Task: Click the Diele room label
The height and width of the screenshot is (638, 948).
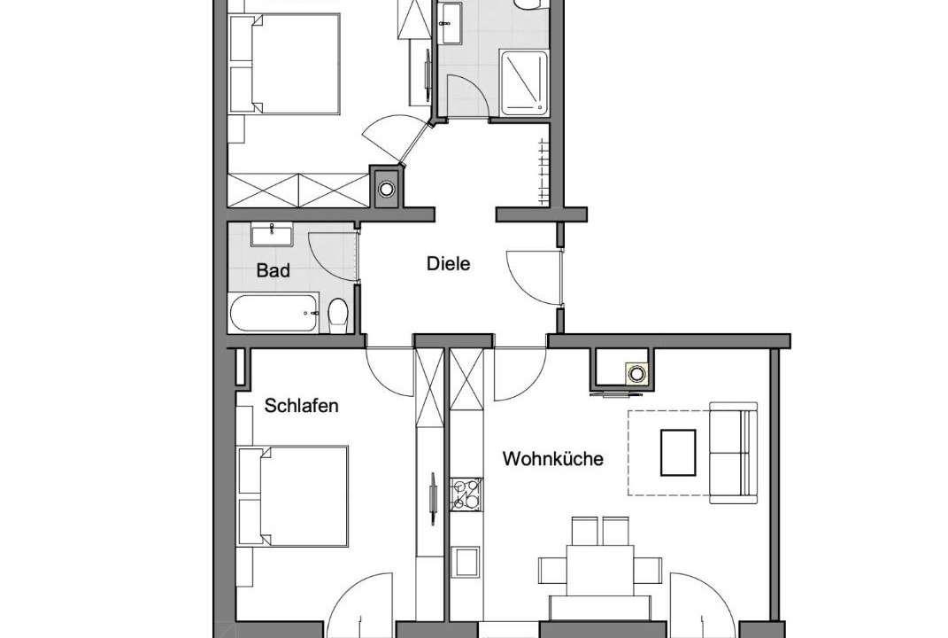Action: (448, 264)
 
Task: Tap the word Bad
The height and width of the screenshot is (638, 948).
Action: (273, 270)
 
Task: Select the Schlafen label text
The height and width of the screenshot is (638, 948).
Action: (301, 406)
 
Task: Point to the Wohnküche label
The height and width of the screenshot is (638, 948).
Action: (552, 458)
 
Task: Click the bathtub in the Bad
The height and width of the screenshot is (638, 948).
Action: (274, 313)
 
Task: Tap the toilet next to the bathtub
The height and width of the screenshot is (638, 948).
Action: (338, 315)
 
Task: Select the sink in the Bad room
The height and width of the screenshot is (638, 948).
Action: (272, 235)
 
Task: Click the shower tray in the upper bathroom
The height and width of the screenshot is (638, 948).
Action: (524, 83)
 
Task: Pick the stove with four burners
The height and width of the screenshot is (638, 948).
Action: (466, 494)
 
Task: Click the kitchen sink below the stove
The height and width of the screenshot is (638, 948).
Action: (466, 562)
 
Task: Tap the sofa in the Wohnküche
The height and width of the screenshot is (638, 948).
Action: (734, 452)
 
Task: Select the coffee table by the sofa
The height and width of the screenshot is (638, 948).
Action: (678, 452)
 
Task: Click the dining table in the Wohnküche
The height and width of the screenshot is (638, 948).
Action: (600, 570)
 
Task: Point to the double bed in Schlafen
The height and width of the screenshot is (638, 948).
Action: (293, 496)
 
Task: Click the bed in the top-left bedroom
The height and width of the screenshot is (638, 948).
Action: (285, 64)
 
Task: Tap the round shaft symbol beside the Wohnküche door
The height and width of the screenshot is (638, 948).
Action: (636, 373)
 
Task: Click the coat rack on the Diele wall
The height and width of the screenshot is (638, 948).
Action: (543, 171)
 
